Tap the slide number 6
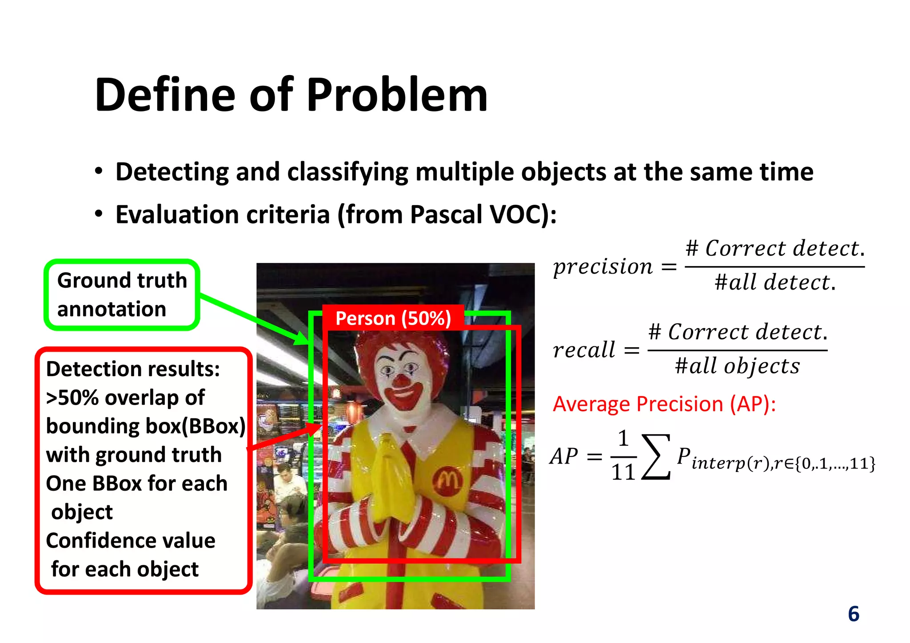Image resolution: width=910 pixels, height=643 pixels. tap(853, 614)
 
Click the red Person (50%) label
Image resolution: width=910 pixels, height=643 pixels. tap(393, 318)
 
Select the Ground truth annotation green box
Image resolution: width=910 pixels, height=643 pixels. tap(122, 295)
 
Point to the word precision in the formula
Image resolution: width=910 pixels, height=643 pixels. tap(603, 266)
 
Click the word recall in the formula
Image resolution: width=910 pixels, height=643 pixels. tap(584, 350)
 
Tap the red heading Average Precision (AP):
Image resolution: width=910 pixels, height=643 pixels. tap(664, 404)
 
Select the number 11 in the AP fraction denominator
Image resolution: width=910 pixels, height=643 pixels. tap(623, 472)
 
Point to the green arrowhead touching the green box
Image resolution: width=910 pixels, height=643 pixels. tap(303, 338)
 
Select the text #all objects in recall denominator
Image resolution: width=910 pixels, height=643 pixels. tap(737, 366)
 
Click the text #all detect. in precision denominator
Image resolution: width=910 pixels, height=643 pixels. tap(775, 282)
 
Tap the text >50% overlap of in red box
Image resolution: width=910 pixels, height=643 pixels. tap(125, 398)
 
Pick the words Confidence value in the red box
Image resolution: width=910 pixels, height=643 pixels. tap(131, 541)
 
